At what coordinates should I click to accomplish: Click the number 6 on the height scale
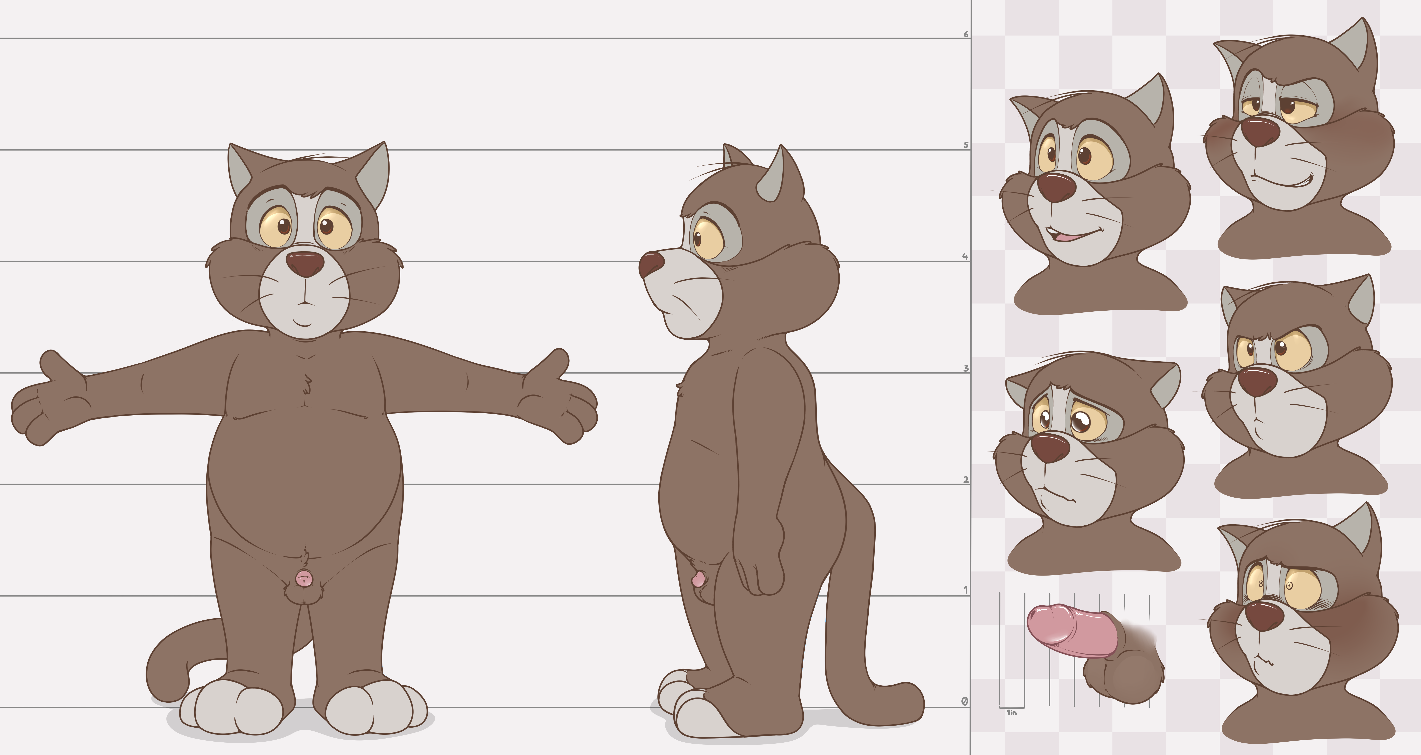965,34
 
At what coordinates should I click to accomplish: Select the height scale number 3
965,368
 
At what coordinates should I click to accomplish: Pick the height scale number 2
965,480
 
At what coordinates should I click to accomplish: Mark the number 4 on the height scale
965,256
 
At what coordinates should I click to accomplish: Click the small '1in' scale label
1012,713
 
